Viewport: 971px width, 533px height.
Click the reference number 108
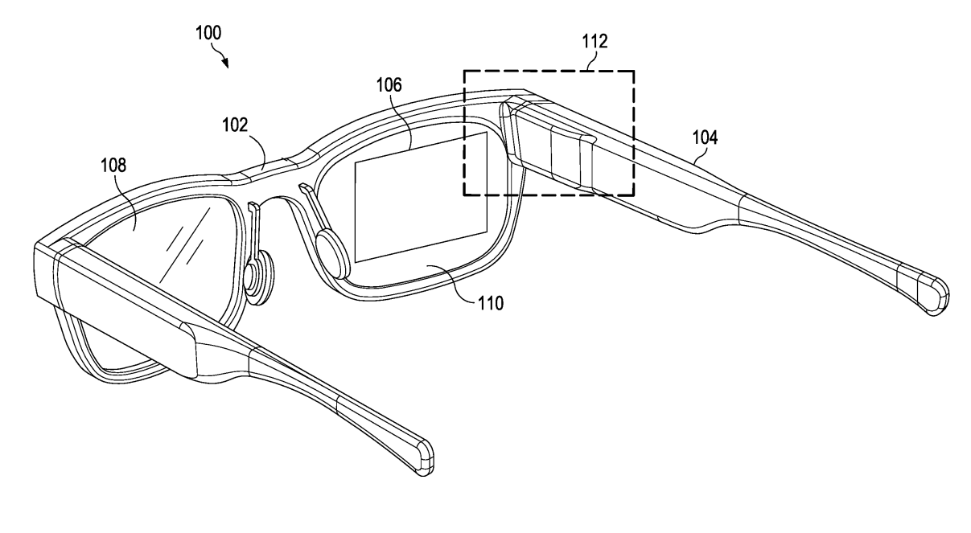tap(114, 166)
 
